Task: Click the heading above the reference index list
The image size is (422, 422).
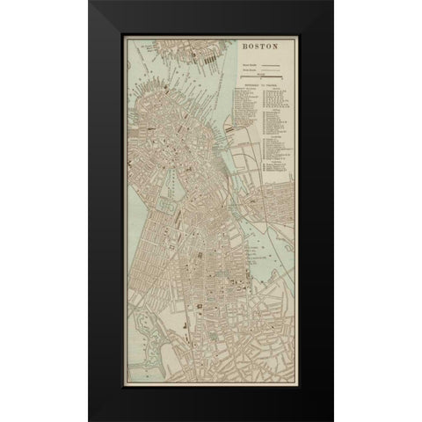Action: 260,84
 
